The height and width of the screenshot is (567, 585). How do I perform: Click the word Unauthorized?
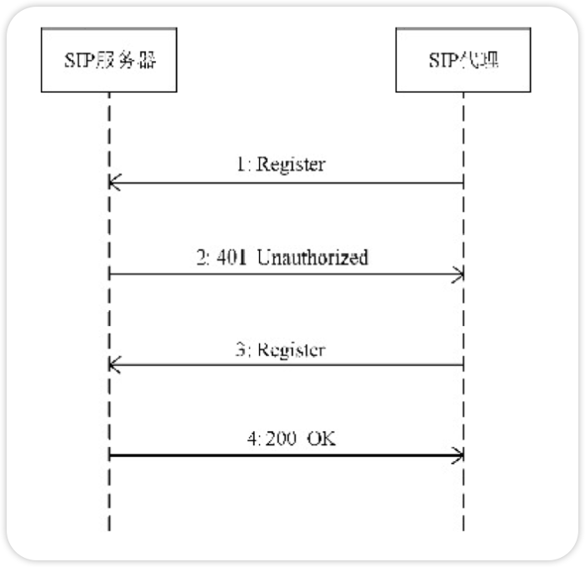pyautogui.click(x=312, y=258)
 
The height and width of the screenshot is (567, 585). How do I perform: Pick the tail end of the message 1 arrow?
pyautogui.click(x=462, y=183)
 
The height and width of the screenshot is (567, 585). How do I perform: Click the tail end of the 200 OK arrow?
pyautogui.click(x=110, y=455)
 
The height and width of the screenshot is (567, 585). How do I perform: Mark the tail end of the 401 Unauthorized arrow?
pyautogui.click(x=110, y=273)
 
